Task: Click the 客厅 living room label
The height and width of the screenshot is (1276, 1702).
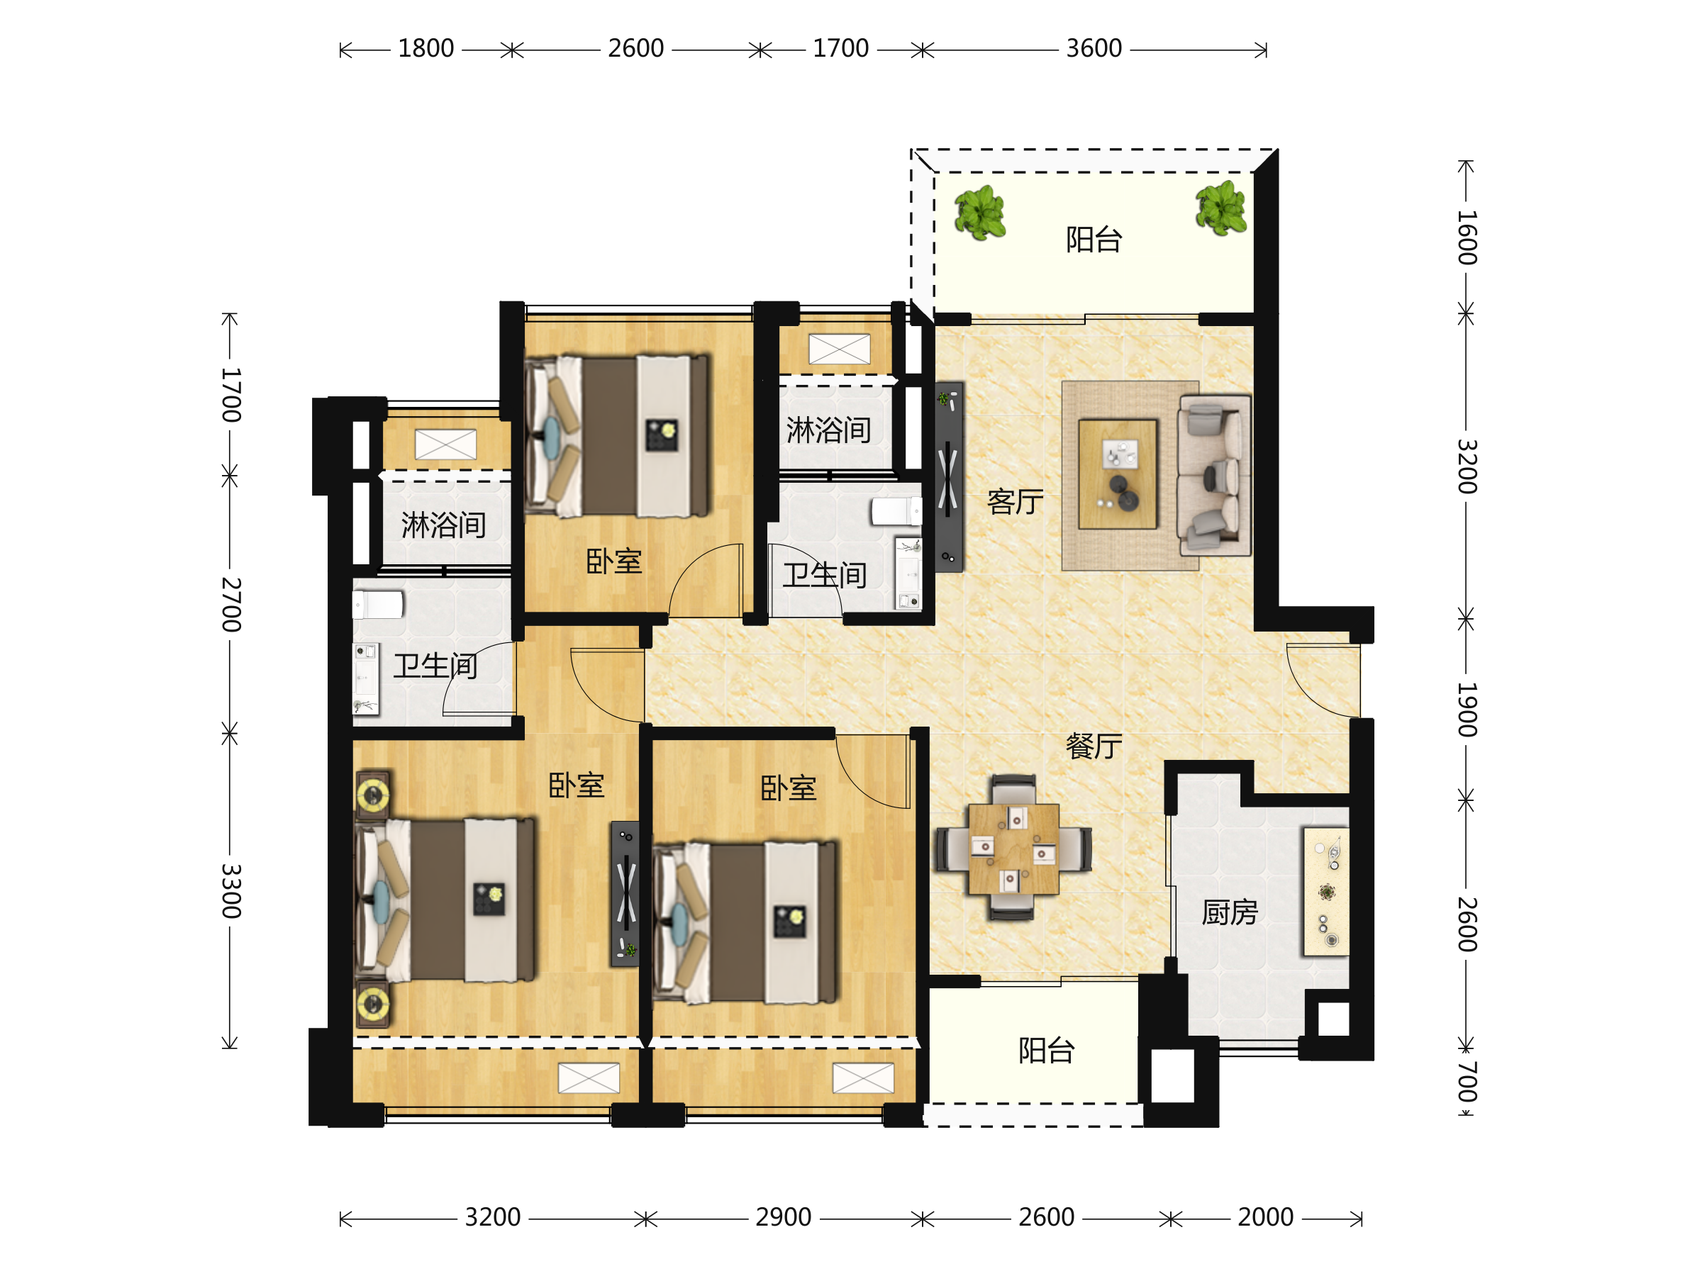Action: [1015, 501]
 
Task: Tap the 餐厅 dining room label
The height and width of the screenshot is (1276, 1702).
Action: [1094, 745]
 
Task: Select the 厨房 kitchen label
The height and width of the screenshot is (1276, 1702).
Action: [1230, 912]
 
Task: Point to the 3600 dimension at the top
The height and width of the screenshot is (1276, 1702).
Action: [1094, 48]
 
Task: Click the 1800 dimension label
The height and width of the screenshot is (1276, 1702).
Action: [425, 48]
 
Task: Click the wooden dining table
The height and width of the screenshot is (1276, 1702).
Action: [1013, 849]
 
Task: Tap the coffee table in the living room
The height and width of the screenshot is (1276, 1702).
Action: [1117, 474]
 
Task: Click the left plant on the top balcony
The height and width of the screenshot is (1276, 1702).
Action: [979, 212]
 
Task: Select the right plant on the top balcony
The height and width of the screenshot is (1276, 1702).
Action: [1221, 207]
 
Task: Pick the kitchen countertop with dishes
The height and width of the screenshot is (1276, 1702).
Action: [1325, 892]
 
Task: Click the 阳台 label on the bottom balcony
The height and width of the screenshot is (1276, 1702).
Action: [1047, 1050]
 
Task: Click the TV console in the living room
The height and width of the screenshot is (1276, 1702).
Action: [949, 477]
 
